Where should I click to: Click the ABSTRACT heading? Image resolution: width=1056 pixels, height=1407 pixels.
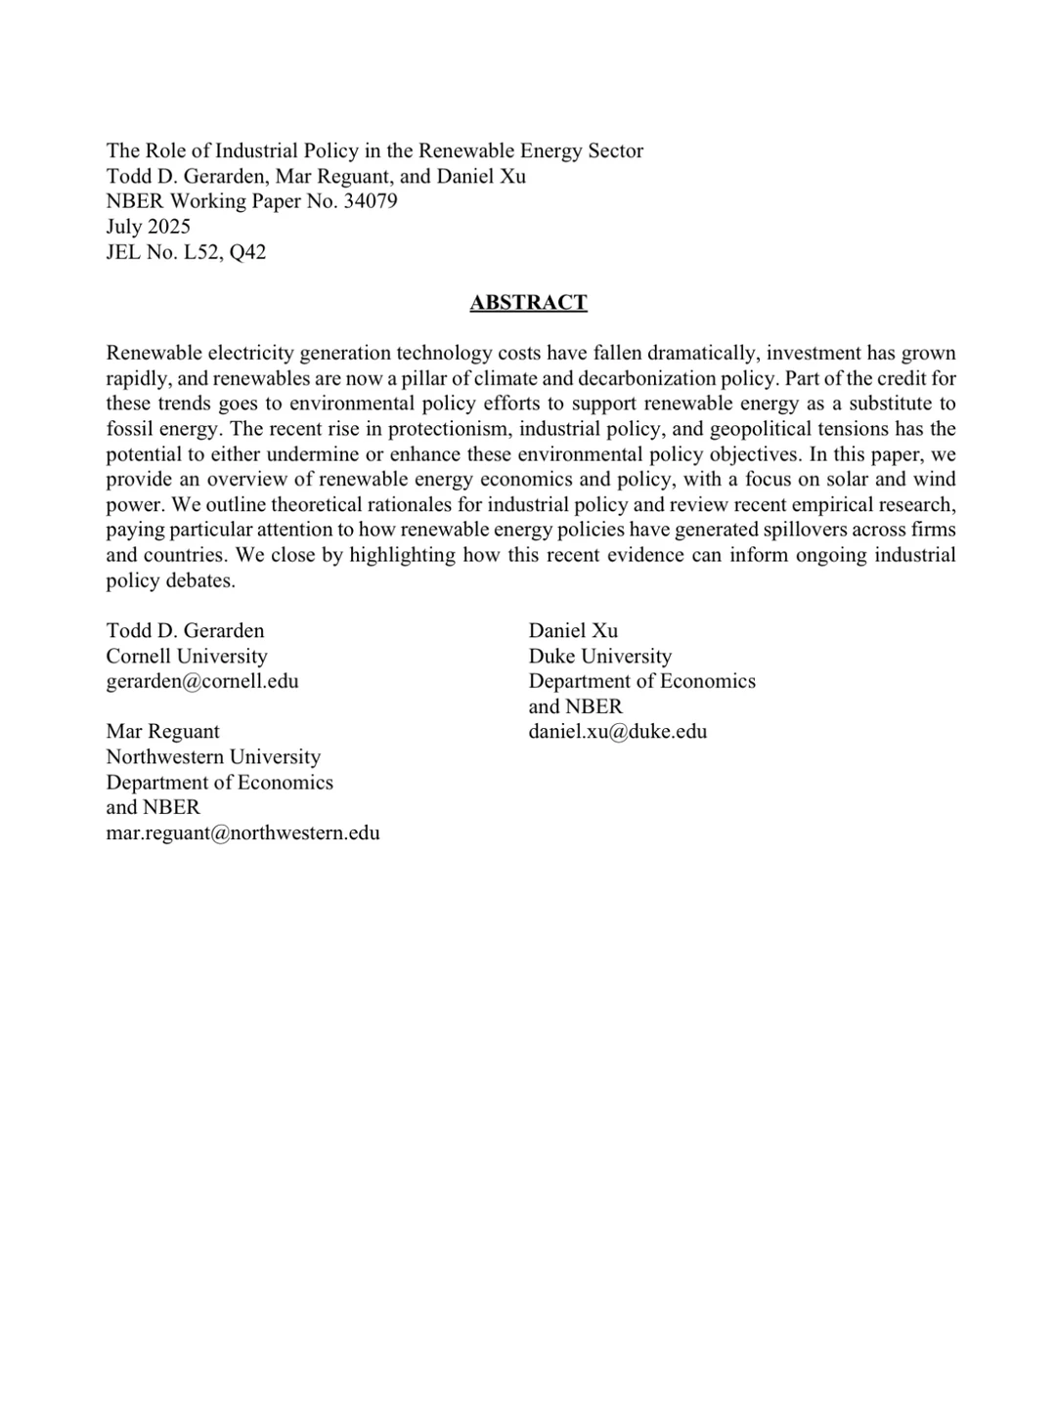coord(528,303)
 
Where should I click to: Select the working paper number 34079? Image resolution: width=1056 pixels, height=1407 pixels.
coord(371,201)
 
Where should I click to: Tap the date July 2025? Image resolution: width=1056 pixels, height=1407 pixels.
coord(148,227)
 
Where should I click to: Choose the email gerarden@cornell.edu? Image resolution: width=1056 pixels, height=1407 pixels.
coord(202,681)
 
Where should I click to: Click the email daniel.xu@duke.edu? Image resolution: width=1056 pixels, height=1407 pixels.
coord(618,732)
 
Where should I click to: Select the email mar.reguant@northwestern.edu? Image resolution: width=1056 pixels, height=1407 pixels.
coord(242,833)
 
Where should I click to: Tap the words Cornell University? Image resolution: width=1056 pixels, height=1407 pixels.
coord(187,656)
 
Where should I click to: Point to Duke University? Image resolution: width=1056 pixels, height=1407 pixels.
coord(600,656)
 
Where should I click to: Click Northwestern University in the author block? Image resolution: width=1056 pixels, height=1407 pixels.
coord(213,757)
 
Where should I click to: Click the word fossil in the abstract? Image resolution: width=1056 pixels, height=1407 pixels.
coord(130,429)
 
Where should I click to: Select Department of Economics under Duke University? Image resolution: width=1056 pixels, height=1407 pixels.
coord(642,681)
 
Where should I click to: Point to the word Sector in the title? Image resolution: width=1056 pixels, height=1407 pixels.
coord(616,150)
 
